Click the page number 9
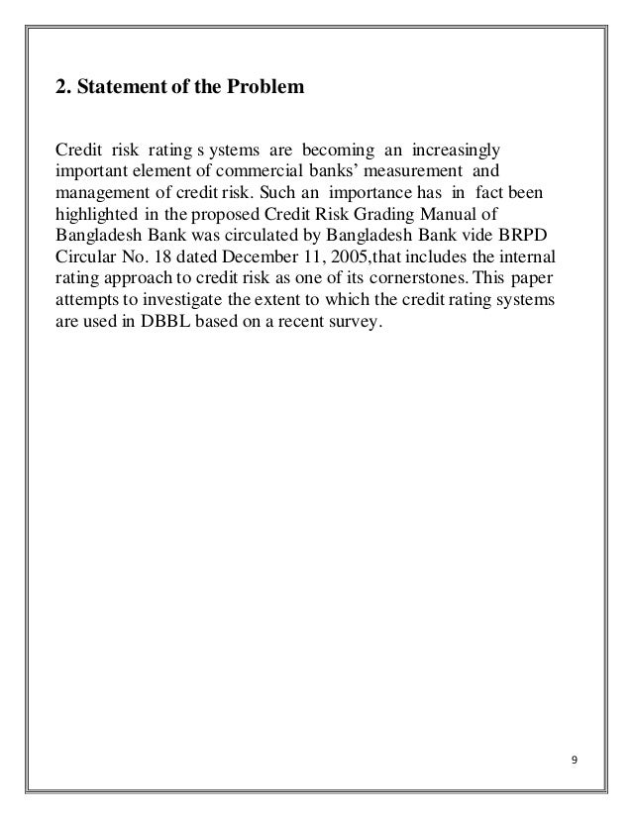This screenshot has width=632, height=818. [576, 760]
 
